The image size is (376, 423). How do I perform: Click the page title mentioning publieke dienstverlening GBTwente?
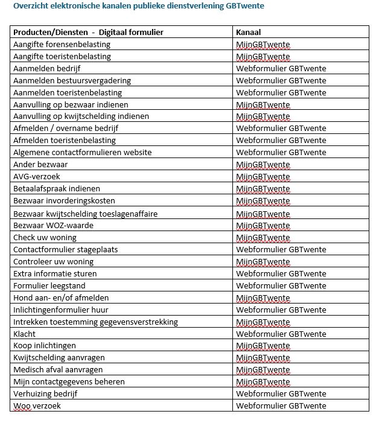pyautogui.click(x=138, y=6)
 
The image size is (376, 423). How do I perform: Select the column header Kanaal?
pyautogui.click(x=248, y=32)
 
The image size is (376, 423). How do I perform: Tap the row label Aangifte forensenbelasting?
pyautogui.click(x=62, y=44)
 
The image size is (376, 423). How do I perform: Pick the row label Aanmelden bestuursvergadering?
pyautogui.click(x=72, y=80)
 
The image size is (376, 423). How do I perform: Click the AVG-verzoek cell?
pyautogui.click(x=37, y=177)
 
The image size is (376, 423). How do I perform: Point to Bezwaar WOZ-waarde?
pyautogui.click(x=53, y=225)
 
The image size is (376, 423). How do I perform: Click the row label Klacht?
pyautogui.click(x=25, y=334)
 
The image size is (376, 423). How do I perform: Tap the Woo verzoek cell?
pyautogui.click(x=37, y=406)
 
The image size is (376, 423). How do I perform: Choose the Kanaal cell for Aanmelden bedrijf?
pyautogui.click(x=281, y=68)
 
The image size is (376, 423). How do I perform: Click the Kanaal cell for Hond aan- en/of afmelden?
pyautogui.click(x=263, y=297)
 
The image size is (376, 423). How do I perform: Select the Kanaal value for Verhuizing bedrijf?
pyautogui.click(x=281, y=394)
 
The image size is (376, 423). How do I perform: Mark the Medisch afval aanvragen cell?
pyautogui.click(x=58, y=370)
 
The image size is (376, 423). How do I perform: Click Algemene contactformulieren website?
pyautogui.click(x=82, y=153)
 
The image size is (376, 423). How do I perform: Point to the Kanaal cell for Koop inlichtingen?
pyautogui.click(x=263, y=346)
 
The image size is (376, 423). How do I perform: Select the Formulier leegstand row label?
pyautogui.click(x=49, y=285)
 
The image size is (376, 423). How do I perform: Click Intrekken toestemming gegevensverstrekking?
pyautogui.click(x=95, y=322)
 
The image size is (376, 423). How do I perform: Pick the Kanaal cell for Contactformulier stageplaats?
pyautogui.click(x=281, y=249)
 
